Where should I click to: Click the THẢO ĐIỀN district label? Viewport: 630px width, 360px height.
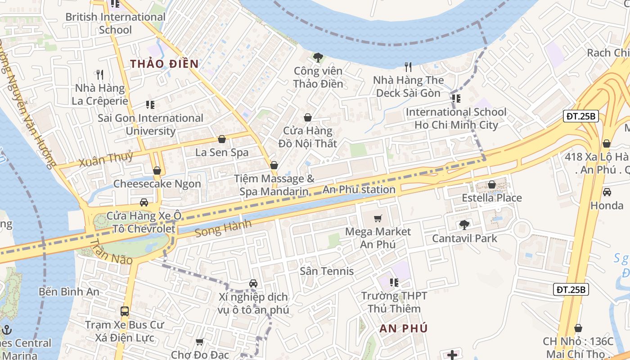pyautogui.click(x=164, y=63)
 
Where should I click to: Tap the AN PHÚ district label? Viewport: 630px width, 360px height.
pyautogui.click(x=403, y=328)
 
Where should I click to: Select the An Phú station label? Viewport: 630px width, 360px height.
pyautogui.click(x=359, y=189)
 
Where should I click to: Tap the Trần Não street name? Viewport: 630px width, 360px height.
pyautogui.click(x=111, y=252)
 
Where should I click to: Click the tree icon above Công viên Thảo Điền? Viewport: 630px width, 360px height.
pyautogui.click(x=318, y=57)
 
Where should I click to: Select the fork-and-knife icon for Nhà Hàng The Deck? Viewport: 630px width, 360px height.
pyautogui.click(x=408, y=67)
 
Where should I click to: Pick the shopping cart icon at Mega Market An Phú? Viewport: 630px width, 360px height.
pyautogui.click(x=378, y=219)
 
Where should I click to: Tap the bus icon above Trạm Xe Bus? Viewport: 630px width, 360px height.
pyautogui.click(x=125, y=311)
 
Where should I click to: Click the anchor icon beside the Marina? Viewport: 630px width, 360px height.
pyautogui.click(x=6, y=330)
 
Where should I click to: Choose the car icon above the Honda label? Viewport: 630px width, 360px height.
pyautogui.click(x=607, y=192)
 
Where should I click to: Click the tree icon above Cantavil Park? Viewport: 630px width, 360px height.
pyautogui.click(x=464, y=225)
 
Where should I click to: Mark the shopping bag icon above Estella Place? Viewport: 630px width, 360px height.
pyautogui.click(x=492, y=184)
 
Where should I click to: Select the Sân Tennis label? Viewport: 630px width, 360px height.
pyautogui.click(x=327, y=271)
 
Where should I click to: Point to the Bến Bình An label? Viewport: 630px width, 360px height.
pyautogui.click(x=69, y=291)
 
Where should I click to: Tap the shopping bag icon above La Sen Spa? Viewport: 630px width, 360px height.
pyautogui.click(x=221, y=139)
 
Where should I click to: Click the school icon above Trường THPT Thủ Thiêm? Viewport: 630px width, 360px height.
pyautogui.click(x=394, y=283)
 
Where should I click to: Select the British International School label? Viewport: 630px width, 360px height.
pyautogui.click(x=115, y=23)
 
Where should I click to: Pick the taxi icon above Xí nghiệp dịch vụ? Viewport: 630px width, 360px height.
pyautogui.click(x=253, y=283)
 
